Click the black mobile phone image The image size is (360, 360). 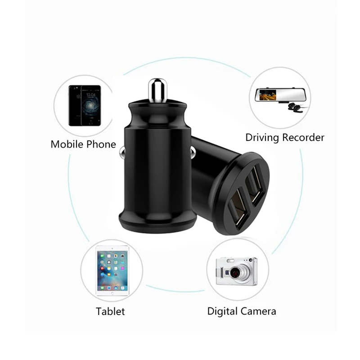pyautogui.click(x=84, y=105)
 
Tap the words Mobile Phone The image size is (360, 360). pyautogui.click(x=83, y=144)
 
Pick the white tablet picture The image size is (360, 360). pyautogui.click(x=111, y=271)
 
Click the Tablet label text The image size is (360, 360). pyautogui.click(x=110, y=311)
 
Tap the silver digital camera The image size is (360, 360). pyautogui.click(x=236, y=271)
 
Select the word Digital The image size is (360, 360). pyautogui.click(x=222, y=311)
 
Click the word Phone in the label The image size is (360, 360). pyautogui.click(x=102, y=144)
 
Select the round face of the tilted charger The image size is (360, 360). pyautogui.click(x=245, y=196)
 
